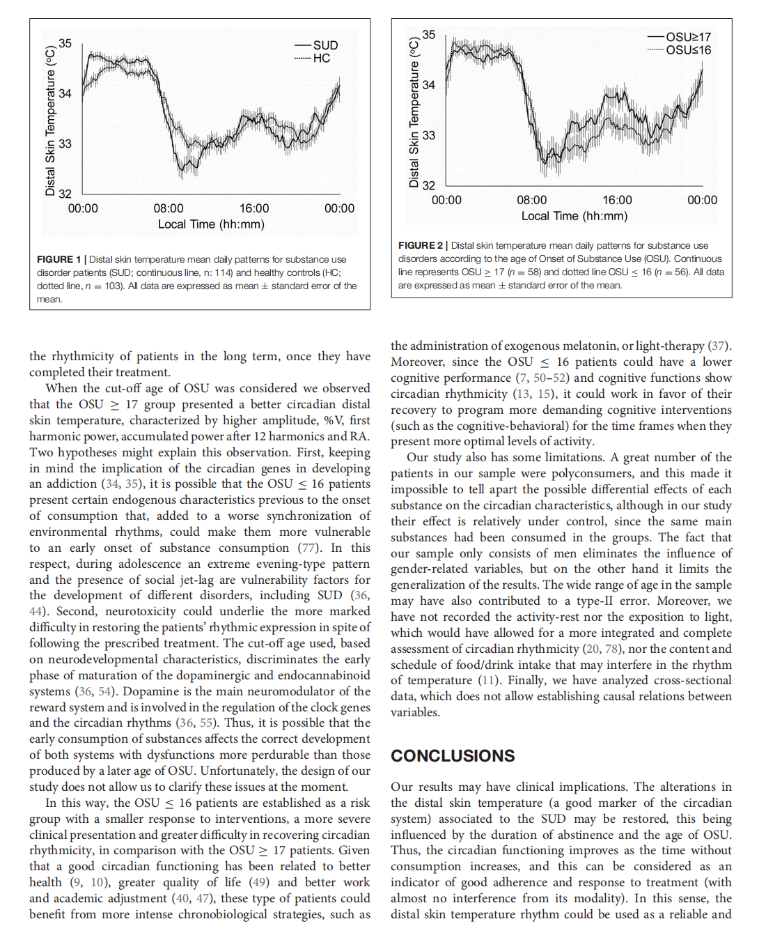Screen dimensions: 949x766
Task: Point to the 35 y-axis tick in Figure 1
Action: pos(65,43)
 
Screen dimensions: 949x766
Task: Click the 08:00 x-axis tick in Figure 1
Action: pos(169,208)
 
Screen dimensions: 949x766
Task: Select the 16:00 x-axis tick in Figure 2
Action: pos(617,200)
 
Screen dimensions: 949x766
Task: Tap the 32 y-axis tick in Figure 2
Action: pos(428,185)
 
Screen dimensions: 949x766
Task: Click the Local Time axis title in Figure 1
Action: pos(211,224)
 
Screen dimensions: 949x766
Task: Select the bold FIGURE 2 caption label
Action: pos(420,245)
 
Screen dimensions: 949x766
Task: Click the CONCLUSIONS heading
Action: pos(453,756)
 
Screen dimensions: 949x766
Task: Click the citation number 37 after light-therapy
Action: pos(718,346)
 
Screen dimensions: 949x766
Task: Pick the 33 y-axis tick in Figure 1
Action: pos(65,144)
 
